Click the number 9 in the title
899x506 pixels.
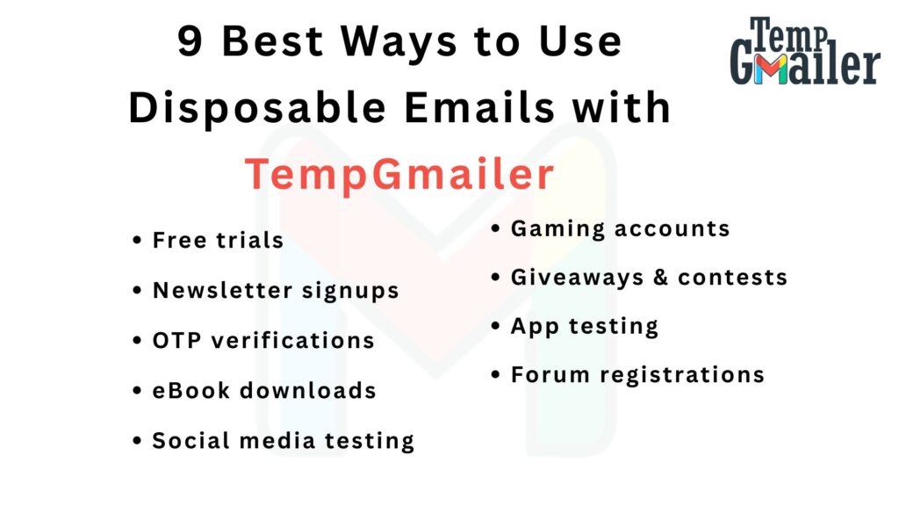(190, 40)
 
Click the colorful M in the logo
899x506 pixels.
(770, 69)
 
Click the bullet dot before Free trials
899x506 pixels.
(136, 240)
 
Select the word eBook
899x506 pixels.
(191, 390)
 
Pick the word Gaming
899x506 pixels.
(557, 229)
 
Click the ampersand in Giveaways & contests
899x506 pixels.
(660, 277)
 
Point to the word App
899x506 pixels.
(535, 327)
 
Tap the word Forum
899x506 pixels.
(550, 374)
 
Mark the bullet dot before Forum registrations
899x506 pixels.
(495, 374)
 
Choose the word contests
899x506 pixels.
(733, 277)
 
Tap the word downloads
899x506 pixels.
(308, 390)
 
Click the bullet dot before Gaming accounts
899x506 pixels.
(495, 228)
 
